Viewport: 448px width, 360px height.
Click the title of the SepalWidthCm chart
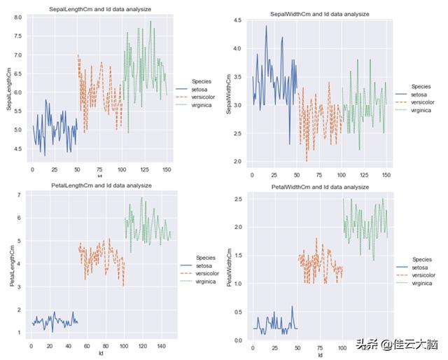pyautogui.click(x=320, y=13)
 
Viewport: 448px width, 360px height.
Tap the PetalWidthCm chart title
pyautogui.click(x=320, y=187)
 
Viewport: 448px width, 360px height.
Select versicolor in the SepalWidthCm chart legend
pyautogui.click(x=422, y=102)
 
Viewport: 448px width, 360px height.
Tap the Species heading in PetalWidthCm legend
pyautogui.click(x=421, y=260)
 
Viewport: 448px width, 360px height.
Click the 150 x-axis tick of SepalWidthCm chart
pyautogui.click(x=385, y=174)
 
